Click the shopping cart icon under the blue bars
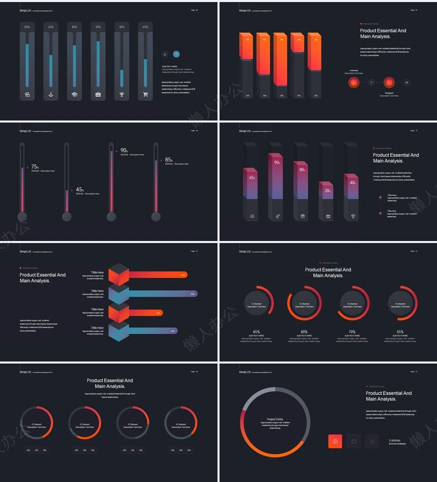(145, 94)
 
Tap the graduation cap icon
(74, 94)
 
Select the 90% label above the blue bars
(98, 27)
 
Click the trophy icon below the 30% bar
(121, 94)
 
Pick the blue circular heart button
(176, 54)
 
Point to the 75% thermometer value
(35, 167)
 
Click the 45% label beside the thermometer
(79, 190)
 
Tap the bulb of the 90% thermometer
(111, 217)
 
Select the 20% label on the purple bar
(328, 191)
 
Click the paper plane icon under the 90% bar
(277, 217)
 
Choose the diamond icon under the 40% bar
(353, 217)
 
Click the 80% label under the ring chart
(304, 332)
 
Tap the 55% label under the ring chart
(400, 332)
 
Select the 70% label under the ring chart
(352, 332)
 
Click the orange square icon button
(335, 441)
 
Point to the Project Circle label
(275, 419)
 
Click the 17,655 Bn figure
(395, 440)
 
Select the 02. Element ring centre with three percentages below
(85, 425)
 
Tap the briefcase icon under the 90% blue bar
(98, 94)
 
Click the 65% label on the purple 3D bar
(252, 177)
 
